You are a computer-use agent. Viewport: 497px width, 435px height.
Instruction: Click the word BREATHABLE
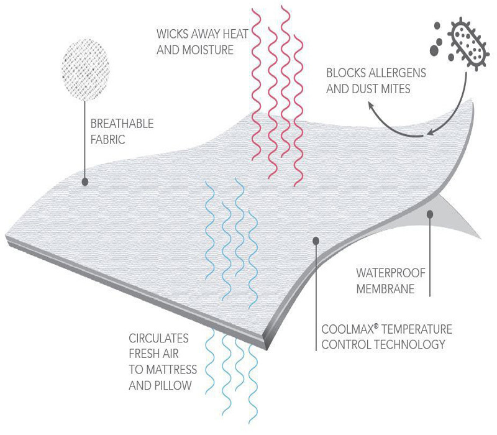(122, 124)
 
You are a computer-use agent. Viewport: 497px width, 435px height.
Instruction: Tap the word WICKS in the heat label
(171, 34)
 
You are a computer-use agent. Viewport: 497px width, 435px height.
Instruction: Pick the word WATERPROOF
(391, 273)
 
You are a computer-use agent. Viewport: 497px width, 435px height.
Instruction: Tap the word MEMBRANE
(385, 289)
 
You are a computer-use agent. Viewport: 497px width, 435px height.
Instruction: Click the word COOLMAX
(348, 329)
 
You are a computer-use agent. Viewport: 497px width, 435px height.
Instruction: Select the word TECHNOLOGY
(411, 344)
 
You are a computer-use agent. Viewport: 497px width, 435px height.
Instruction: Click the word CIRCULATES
(159, 338)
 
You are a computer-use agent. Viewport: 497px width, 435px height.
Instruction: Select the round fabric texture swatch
(86, 69)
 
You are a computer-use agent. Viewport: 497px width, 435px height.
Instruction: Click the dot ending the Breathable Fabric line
(85, 181)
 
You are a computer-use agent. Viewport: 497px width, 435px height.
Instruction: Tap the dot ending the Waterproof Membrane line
(430, 214)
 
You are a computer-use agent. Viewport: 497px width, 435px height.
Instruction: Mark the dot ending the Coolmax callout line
(316, 241)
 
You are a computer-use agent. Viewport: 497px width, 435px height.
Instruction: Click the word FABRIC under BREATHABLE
(107, 139)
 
